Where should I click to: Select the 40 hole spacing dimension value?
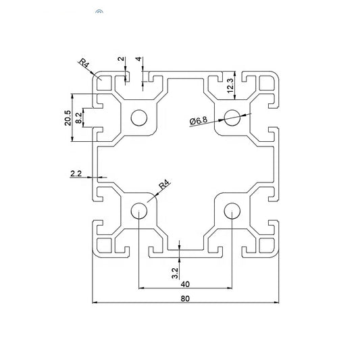184,284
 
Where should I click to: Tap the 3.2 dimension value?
175,274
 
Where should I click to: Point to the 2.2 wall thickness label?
76,174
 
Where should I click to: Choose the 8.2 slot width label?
79,118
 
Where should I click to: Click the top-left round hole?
139,117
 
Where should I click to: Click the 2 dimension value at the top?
121,59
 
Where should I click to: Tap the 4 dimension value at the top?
138,59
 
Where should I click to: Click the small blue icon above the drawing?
99,12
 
